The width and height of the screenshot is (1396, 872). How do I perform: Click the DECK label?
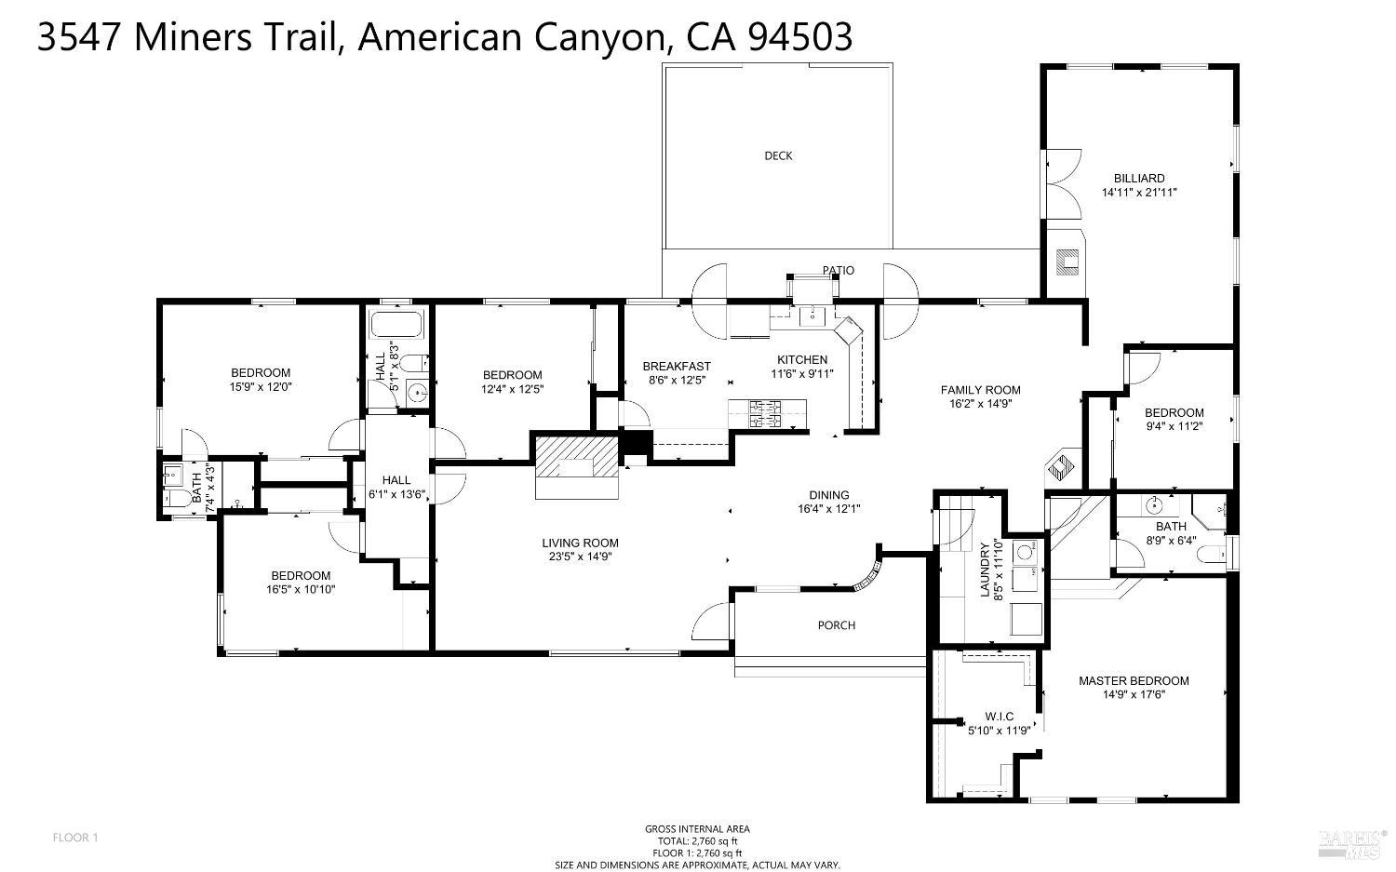[x=778, y=155]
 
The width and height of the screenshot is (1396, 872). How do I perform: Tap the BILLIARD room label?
[x=1139, y=179]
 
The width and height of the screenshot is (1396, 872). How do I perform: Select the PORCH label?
[x=837, y=625]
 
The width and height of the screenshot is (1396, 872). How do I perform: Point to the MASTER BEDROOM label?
[x=1134, y=681]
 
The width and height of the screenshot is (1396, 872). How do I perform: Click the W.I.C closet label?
[x=999, y=717]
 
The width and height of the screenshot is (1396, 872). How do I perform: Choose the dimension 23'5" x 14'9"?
[x=580, y=557]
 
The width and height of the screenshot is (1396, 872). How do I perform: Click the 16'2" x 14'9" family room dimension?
[x=980, y=404]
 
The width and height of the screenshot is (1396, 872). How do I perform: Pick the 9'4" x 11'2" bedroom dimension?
[x=1175, y=426]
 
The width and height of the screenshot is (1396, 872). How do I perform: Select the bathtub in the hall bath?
[x=396, y=325]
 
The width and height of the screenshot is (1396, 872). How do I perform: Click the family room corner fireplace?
[x=1060, y=466]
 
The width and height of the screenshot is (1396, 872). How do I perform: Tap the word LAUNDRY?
[x=986, y=570]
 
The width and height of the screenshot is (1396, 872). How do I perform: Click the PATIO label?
[x=839, y=271]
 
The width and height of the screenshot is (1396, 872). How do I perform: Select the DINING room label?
[x=829, y=495]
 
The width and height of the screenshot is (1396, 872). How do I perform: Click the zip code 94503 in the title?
[x=799, y=37]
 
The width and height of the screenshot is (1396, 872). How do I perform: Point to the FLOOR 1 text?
[x=75, y=838]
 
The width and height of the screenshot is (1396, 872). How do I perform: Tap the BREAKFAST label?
[x=677, y=367]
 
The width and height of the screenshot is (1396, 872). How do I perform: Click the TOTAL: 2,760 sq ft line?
[x=697, y=841]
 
